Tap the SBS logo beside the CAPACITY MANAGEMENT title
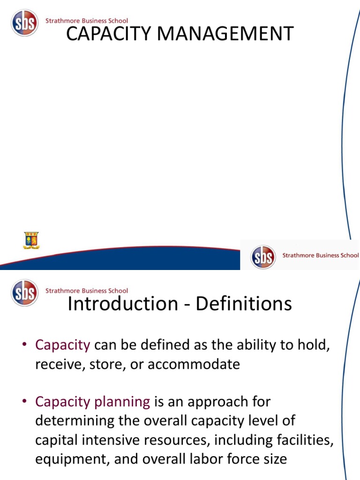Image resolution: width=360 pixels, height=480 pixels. tap(25, 23)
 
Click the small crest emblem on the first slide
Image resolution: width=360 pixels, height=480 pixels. tap(31, 240)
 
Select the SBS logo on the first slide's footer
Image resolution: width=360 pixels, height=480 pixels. tap(263, 257)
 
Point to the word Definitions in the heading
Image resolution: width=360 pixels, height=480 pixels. tap(244, 304)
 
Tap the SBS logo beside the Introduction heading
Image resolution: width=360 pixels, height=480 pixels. tap(25, 292)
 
